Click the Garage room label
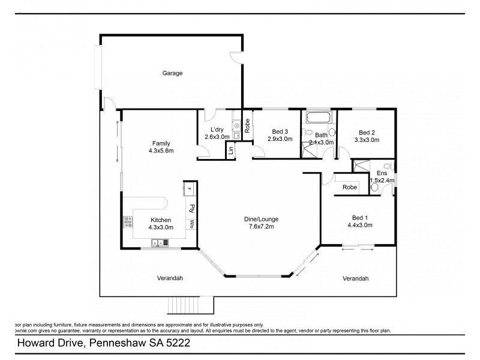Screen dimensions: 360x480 [172, 73]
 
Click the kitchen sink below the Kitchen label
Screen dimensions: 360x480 [160, 242]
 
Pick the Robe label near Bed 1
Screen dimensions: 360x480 [349, 187]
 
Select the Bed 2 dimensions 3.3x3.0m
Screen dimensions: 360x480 [367, 140]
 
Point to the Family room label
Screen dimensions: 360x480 [161, 143]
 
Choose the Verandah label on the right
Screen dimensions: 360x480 [355, 278]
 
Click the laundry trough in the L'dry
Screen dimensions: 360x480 [236, 126]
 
